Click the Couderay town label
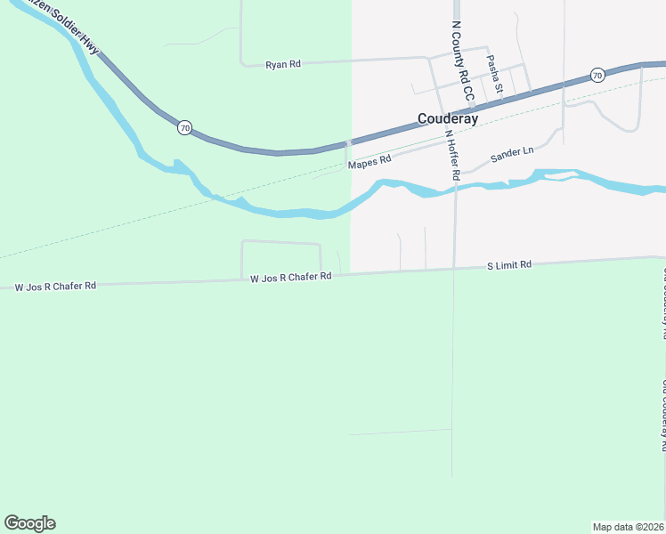[x=448, y=118]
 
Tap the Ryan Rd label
[x=284, y=64]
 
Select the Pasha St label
[x=493, y=74]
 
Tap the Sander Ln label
[x=512, y=154]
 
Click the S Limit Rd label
[x=508, y=265]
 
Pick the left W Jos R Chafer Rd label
[x=55, y=287]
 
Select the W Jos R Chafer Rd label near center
[x=291, y=278]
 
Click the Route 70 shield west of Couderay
[x=183, y=127]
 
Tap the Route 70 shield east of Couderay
[x=597, y=76]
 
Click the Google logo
[x=29, y=523]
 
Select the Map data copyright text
[x=628, y=526]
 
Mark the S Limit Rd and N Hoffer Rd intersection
[x=454, y=268]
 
